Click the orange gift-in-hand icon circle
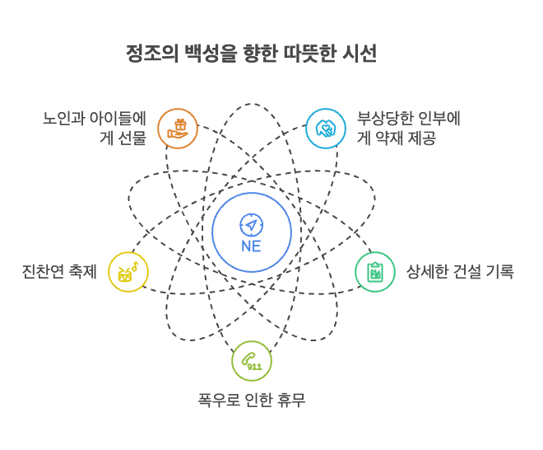(x=178, y=128)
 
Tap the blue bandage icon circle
(x=326, y=128)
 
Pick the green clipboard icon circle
(x=375, y=272)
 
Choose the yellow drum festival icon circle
(x=128, y=272)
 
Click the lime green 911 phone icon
(x=251, y=361)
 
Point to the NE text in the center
(x=251, y=246)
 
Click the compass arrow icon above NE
(x=251, y=223)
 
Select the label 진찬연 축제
(x=59, y=272)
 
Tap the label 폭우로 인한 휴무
(x=252, y=401)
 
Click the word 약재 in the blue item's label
(x=391, y=138)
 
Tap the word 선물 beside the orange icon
(x=132, y=138)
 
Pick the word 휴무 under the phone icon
(x=290, y=401)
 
